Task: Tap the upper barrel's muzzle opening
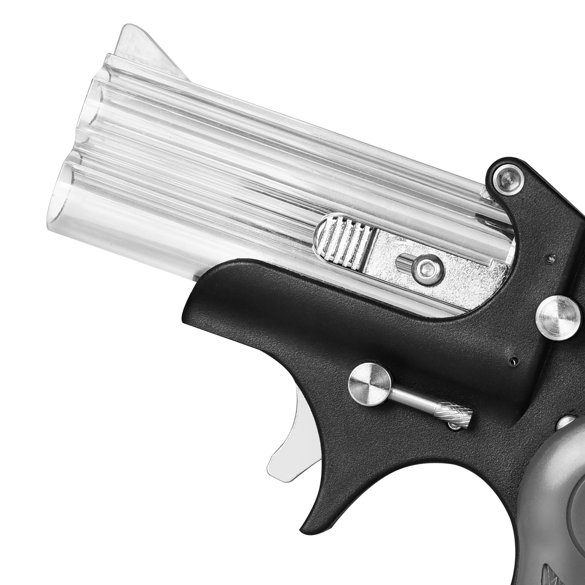[x=98, y=109]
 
